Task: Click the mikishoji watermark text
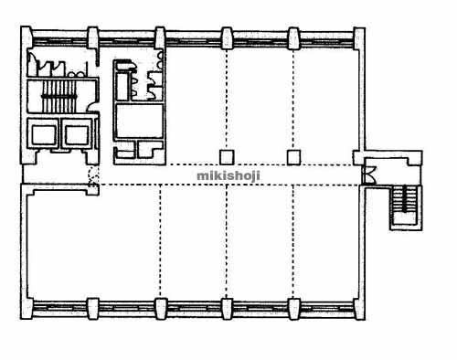coord(228,175)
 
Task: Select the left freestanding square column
coord(227,157)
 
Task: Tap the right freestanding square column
coord(293,157)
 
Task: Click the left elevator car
coord(44,134)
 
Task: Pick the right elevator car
coord(77,134)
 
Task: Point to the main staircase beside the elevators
coord(58,96)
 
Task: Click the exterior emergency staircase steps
coord(405,198)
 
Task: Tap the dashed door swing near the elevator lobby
coord(93,176)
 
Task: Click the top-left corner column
coord(27,37)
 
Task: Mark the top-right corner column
coord(359,38)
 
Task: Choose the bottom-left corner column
coord(27,308)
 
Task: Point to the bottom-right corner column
coord(359,309)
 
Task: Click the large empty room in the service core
coord(139,121)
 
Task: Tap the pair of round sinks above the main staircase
coord(76,74)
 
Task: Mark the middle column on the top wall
coord(227,38)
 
